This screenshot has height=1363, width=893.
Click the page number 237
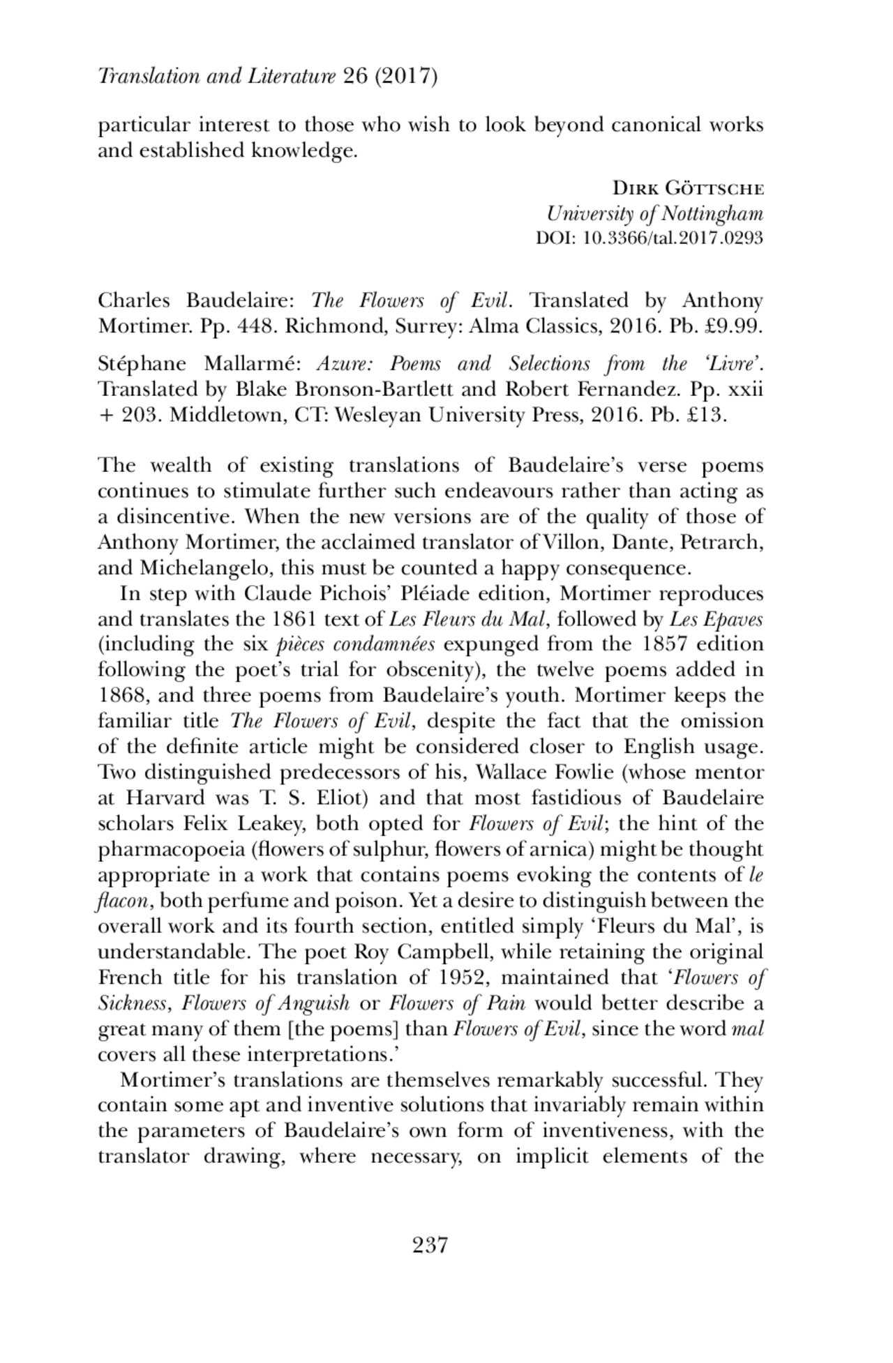[429, 1244]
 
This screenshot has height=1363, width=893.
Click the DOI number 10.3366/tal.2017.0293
[673, 238]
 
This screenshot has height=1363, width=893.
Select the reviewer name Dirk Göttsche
[688, 188]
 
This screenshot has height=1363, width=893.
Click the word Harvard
[165, 798]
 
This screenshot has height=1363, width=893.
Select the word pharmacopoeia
[166, 850]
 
